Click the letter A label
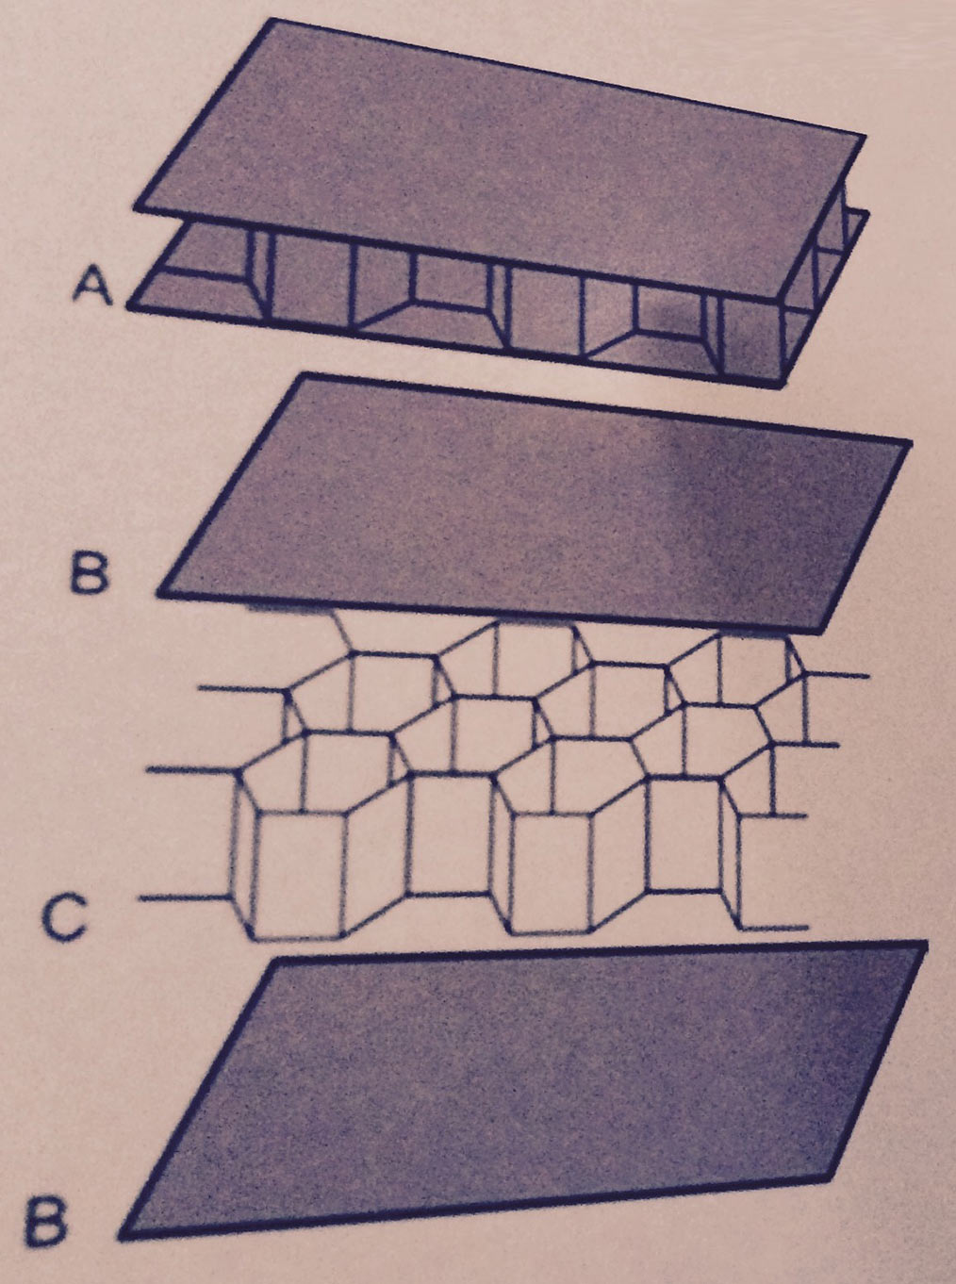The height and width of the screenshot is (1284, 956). point(92,288)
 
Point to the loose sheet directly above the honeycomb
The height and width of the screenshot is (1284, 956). point(534,503)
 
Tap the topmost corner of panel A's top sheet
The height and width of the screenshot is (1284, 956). point(273,20)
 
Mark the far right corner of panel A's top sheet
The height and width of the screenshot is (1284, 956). point(864,137)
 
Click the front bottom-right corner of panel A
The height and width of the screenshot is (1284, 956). point(783,385)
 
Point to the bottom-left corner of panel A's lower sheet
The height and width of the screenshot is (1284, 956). point(128,306)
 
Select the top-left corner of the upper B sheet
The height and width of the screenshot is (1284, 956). point(305,376)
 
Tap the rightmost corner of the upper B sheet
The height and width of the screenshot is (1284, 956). point(910,443)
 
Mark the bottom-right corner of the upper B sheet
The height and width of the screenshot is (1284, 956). point(822,631)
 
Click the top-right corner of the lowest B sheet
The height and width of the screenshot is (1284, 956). point(925,944)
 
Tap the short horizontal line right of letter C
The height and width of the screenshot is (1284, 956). point(184,897)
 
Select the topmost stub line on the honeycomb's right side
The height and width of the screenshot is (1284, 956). point(836,675)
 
